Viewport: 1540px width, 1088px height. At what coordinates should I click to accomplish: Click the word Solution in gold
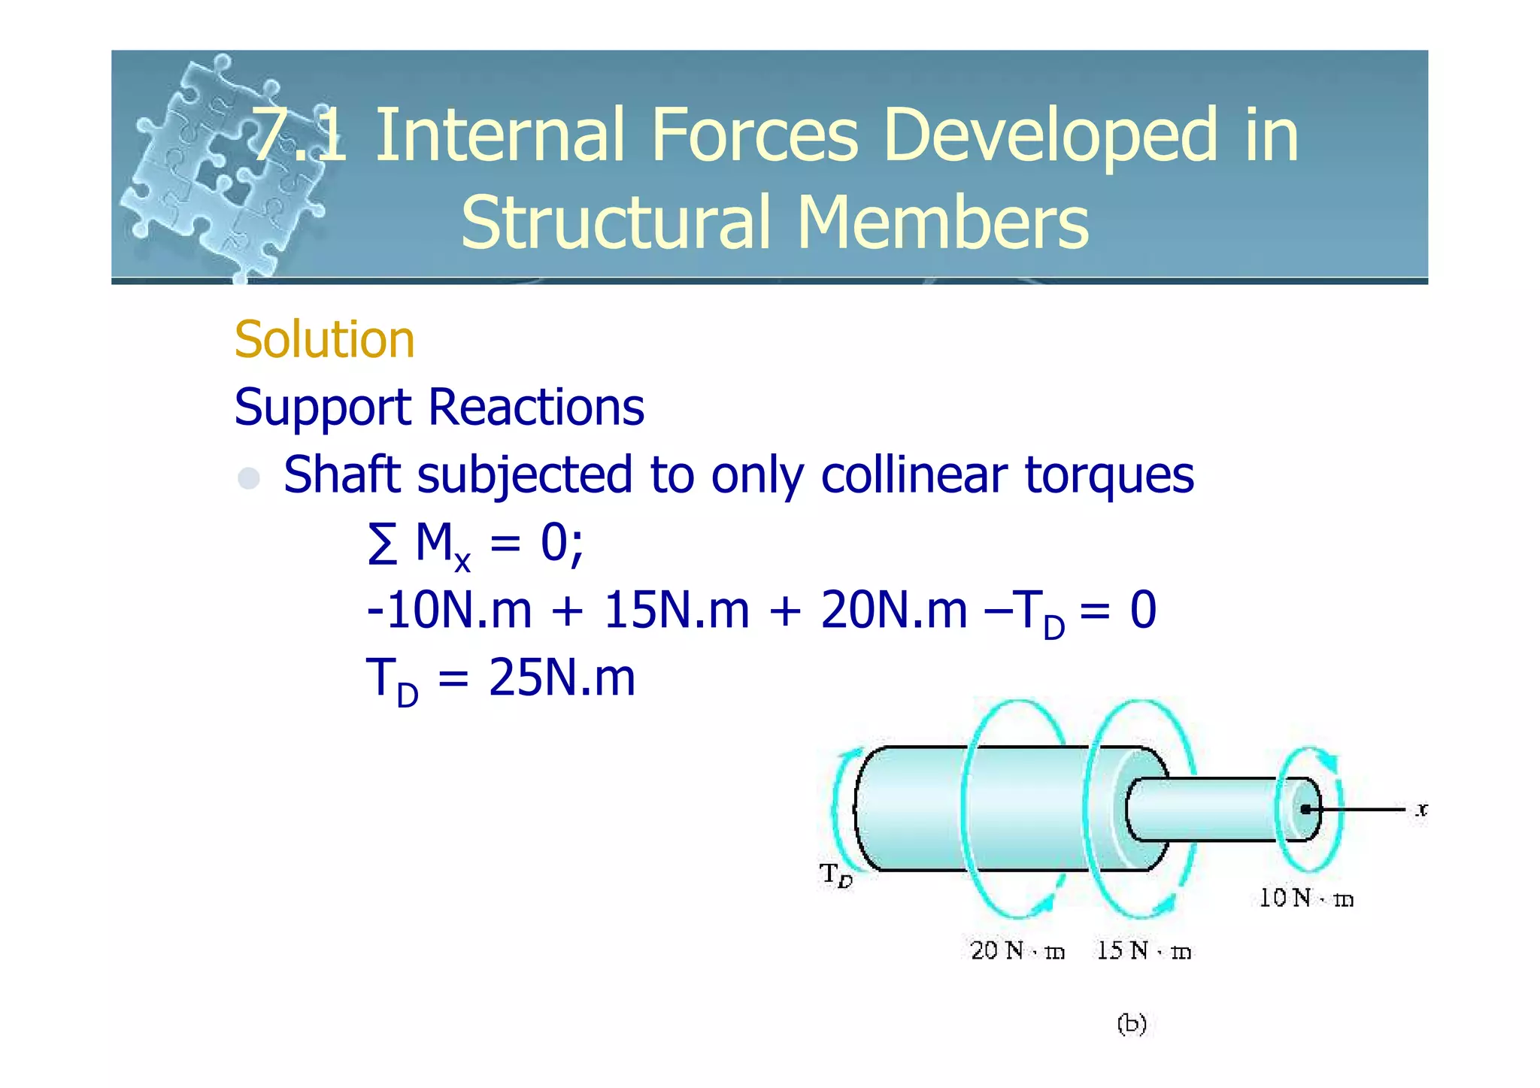pos(324,340)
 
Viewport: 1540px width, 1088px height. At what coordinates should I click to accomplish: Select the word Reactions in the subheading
pos(535,408)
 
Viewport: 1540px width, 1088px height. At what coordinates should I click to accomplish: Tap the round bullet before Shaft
pos(249,478)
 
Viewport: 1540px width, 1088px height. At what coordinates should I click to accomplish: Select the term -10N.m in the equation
pos(448,610)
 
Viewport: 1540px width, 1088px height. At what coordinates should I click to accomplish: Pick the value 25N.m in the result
pos(561,677)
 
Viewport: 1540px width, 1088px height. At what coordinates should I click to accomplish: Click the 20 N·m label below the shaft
pos(1017,951)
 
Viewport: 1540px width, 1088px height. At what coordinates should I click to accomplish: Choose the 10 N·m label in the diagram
pos(1306,898)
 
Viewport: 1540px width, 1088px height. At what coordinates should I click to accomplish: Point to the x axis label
pos(1420,810)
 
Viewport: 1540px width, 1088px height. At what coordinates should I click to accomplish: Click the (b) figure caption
pos(1132,1024)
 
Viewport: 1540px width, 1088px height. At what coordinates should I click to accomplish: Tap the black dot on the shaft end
pos(1306,809)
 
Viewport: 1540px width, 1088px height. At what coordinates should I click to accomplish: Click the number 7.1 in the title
pos(299,135)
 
